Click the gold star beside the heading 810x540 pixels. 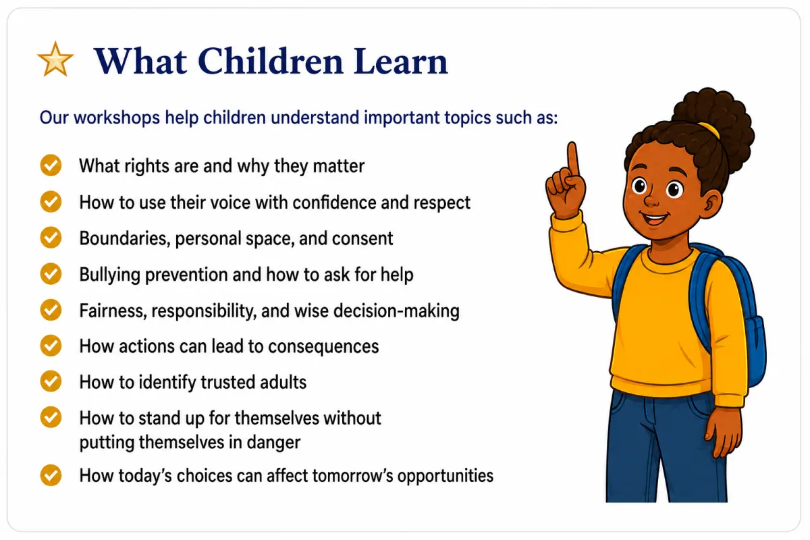coord(55,59)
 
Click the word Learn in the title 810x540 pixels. coord(401,61)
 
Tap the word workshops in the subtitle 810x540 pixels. coord(117,117)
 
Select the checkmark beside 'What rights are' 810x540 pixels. coord(51,165)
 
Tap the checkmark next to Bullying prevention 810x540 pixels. coord(51,274)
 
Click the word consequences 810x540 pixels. coord(323,346)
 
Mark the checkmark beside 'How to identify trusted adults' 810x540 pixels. coord(51,381)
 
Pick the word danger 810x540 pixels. coord(273,443)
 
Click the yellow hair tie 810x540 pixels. coord(709,130)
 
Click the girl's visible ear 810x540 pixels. coord(711,205)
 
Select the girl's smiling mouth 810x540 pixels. coord(655,218)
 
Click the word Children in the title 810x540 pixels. coord(270,61)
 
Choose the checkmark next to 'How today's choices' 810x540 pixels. coord(51,475)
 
